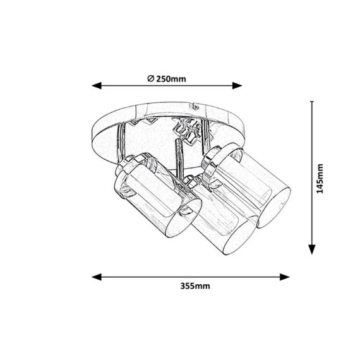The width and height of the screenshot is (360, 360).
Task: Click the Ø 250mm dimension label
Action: [167, 79]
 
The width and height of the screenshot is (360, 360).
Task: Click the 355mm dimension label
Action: [195, 286]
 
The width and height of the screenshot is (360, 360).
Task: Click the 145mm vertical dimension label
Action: [320, 179]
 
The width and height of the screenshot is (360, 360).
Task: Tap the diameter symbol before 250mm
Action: [150, 78]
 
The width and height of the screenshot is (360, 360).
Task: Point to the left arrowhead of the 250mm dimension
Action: [97, 86]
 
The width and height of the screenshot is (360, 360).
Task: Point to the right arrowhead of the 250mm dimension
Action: [237, 86]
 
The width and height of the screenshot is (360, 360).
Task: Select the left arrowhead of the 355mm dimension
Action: [97, 277]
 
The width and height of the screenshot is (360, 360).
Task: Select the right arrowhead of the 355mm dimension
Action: [284, 277]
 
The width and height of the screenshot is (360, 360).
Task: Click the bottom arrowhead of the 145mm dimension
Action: [312, 249]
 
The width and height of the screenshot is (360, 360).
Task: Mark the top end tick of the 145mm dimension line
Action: [312, 101]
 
